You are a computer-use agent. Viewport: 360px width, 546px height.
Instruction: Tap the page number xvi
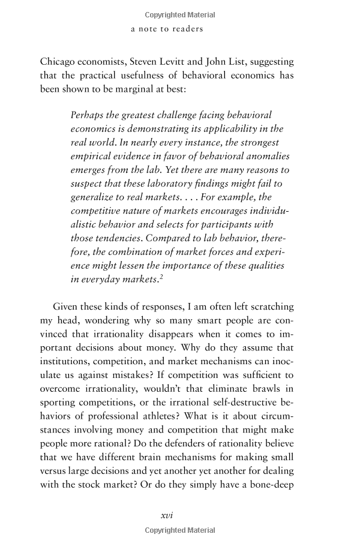167,514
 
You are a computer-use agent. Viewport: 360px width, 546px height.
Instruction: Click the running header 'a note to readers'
167,28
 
